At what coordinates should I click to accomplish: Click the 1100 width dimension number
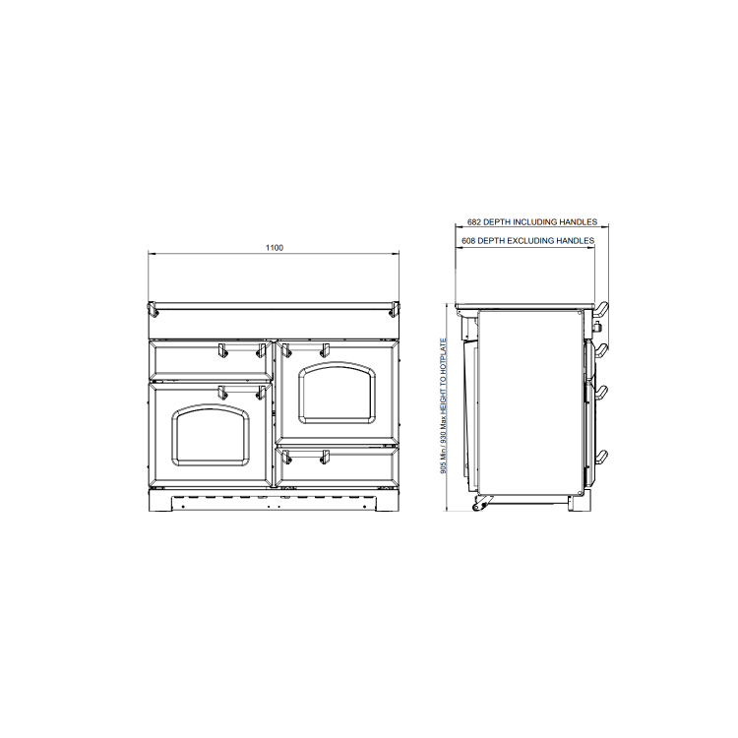275,248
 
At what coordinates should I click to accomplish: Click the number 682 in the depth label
474,221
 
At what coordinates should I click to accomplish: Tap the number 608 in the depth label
468,240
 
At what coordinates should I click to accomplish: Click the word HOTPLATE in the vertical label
444,357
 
